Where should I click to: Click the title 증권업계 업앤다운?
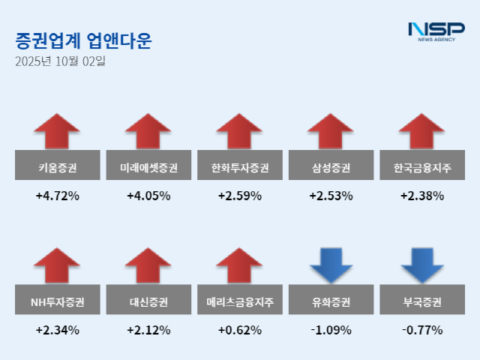point(82,40)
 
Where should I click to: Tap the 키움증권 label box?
point(57,165)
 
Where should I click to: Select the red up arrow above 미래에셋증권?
point(148,130)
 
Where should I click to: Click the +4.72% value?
point(57,196)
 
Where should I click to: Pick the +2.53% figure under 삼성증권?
point(331,196)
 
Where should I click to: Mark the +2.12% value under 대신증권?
point(148,330)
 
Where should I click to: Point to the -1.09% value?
point(331,330)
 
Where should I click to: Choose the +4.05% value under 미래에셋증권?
point(148,196)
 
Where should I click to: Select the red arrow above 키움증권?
point(57,130)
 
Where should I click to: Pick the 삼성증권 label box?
point(331,165)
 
